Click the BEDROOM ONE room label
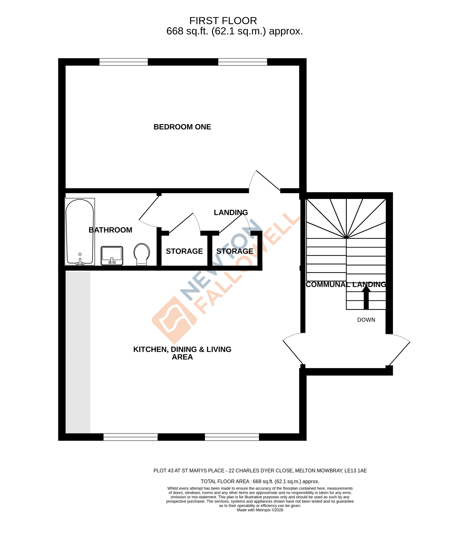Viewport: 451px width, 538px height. [182, 127]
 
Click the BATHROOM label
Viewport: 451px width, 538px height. [110, 230]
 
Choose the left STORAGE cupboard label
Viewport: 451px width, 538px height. [184, 251]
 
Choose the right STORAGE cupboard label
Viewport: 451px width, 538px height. [235, 251]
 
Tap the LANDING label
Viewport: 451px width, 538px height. [231, 212]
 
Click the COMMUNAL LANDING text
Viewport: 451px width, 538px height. [346, 284]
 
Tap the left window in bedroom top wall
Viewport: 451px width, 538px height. [123, 62]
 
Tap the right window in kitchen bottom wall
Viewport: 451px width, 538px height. [232, 437]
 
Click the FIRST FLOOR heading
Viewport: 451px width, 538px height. [223, 20]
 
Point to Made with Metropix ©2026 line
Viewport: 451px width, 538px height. [260, 510]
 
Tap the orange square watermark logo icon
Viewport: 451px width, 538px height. [174, 320]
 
